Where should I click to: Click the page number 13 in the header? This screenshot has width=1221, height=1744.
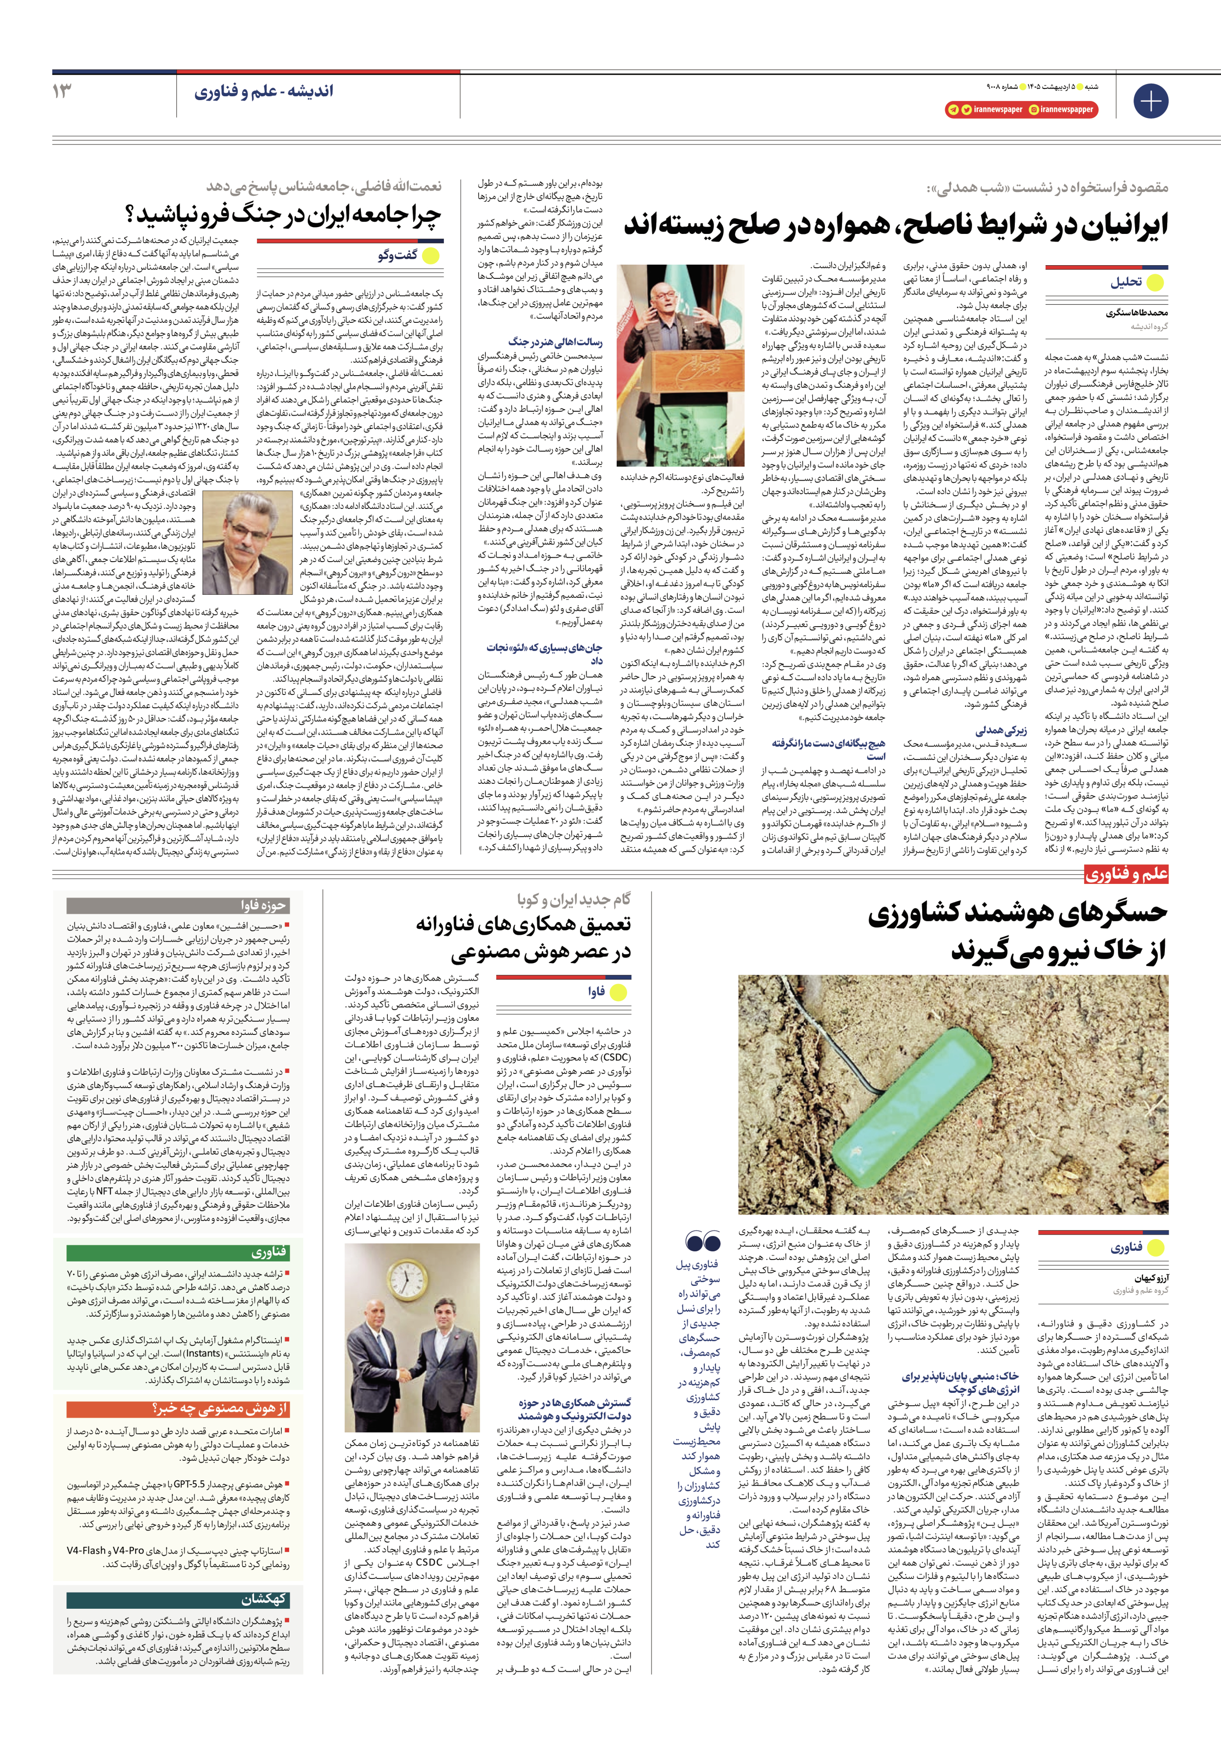point(63,91)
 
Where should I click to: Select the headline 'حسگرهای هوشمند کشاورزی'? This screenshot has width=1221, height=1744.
point(1018,915)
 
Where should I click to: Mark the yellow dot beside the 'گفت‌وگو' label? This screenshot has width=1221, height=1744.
point(431,255)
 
